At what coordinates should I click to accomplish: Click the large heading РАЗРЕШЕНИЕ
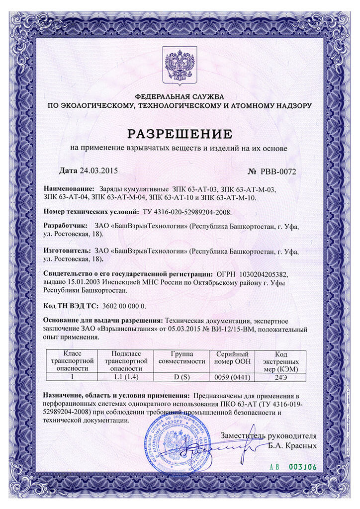pos(180,134)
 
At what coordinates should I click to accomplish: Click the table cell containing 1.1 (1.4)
pos(127,376)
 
